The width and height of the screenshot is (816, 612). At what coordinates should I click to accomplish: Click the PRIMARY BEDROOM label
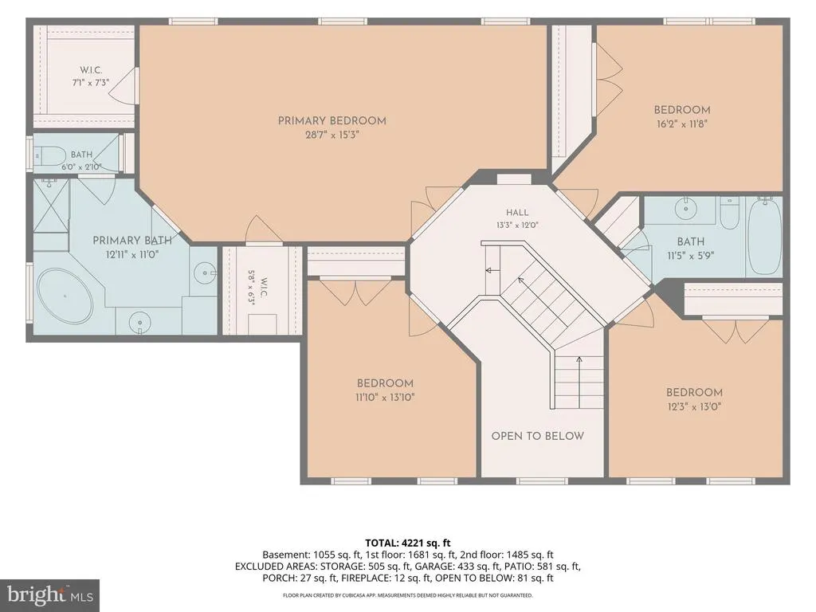click(x=332, y=121)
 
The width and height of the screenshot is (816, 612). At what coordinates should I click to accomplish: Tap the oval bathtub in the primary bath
click(x=65, y=297)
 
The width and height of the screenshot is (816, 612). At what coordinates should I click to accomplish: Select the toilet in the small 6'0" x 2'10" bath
click(x=50, y=155)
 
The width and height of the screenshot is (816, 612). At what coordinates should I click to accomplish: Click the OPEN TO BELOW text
click(x=538, y=436)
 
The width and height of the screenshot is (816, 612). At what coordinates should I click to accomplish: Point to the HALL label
click(x=517, y=212)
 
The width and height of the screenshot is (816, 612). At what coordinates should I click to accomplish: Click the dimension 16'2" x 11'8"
click(x=682, y=124)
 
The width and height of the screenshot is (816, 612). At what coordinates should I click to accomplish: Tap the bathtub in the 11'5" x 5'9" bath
click(x=764, y=237)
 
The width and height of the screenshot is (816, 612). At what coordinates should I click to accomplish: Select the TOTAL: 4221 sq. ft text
click(x=408, y=543)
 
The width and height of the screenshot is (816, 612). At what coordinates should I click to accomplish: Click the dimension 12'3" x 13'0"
click(x=694, y=406)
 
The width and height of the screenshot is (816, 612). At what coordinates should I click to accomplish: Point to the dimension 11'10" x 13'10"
click(x=385, y=398)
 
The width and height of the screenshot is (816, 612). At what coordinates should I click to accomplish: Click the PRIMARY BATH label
click(x=132, y=241)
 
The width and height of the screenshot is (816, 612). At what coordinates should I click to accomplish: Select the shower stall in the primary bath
click(x=51, y=206)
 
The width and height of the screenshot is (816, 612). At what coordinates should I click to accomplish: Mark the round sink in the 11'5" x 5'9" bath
click(x=686, y=209)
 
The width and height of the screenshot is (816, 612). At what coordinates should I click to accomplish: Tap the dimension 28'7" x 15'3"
click(x=332, y=135)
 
